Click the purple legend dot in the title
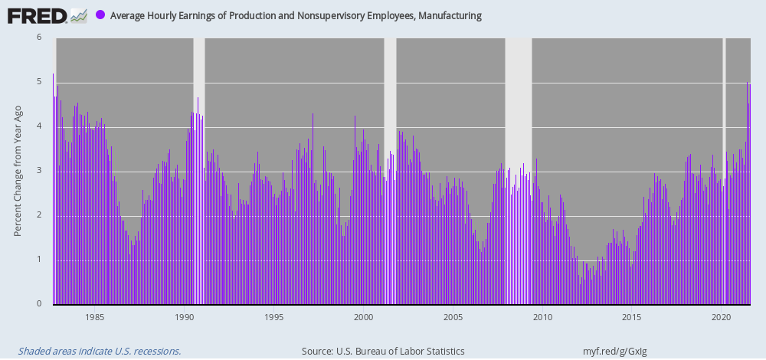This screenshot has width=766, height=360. [100, 15]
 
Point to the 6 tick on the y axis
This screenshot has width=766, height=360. [39, 37]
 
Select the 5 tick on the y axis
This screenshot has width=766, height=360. [39, 81]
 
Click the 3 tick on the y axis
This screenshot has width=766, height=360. [39, 171]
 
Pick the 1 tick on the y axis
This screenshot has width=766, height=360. [39, 260]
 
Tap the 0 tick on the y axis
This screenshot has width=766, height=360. [39, 304]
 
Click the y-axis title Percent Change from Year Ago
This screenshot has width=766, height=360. [18, 171]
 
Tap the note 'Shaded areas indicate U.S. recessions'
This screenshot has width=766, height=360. [100, 352]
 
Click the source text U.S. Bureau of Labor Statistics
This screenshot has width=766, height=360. [398, 352]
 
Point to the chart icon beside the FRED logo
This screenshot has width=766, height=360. [78, 15]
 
